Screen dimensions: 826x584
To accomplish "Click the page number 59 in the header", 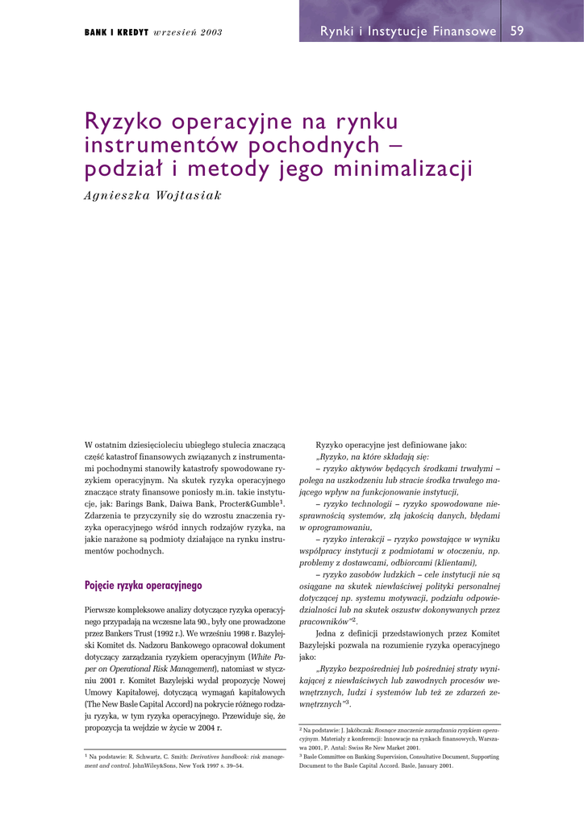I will coord(517,31).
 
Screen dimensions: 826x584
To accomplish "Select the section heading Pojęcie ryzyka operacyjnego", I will coord(143,586).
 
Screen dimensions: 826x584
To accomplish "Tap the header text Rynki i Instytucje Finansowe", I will coord(408,31).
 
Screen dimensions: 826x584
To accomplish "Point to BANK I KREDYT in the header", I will coord(116,33).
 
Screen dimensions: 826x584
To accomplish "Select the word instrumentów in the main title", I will coord(161,146).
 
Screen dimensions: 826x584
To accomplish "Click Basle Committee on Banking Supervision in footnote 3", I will coord(359,757).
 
